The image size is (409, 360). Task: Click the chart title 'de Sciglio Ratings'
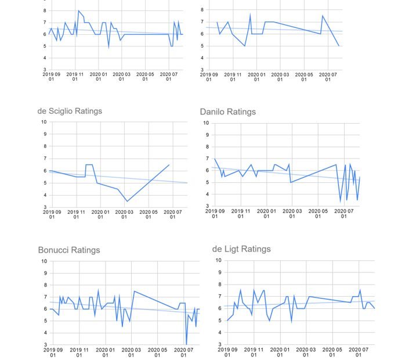tap(70, 111)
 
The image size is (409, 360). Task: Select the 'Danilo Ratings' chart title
tap(227, 111)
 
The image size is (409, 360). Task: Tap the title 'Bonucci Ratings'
tap(69, 250)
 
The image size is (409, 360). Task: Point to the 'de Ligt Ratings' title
tap(241, 249)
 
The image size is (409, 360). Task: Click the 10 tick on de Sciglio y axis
tap(44, 122)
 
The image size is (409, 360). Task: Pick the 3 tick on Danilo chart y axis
tap(206, 207)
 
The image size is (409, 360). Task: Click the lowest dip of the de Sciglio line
tap(128, 201)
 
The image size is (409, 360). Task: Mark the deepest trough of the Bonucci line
tap(186, 344)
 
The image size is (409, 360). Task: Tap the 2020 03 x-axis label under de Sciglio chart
tap(124, 215)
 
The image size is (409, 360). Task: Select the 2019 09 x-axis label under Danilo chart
tap(215, 214)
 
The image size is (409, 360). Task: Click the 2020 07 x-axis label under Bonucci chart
tap(183, 352)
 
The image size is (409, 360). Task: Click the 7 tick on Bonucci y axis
tap(44, 297)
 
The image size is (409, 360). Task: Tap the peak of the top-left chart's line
tap(78, 10)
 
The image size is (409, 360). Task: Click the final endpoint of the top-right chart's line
tap(339, 46)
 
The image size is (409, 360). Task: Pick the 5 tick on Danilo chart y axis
tap(206, 183)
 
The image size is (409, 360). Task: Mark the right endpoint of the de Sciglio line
tap(169, 165)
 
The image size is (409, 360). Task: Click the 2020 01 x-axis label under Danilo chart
tap(266, 214)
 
